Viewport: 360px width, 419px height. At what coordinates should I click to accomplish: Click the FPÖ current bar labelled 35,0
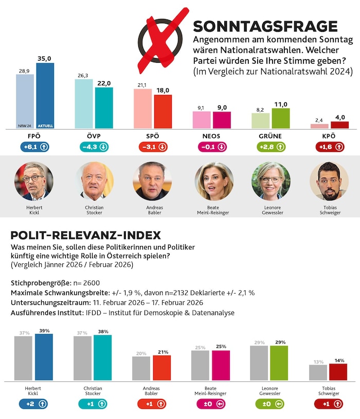pos(45,96)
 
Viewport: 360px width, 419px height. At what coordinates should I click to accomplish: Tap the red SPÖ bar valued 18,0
pos(163,112)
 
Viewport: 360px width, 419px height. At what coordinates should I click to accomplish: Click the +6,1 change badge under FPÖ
pos(34,147)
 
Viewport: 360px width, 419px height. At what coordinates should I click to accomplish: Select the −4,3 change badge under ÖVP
pos(94,147)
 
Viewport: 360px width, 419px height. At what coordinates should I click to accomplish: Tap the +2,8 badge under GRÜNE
pos(270,147)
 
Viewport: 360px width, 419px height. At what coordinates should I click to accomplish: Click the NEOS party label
pos(211,136)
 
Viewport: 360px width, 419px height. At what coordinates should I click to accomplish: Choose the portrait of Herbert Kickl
pos(34,180)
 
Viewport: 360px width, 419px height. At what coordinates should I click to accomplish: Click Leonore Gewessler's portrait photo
pos(271,180)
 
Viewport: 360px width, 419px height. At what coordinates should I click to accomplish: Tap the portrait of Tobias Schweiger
pos(329,180)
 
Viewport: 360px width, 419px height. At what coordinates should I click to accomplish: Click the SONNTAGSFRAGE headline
pos(265,27)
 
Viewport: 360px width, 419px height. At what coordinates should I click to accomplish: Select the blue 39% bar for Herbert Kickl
pos(44,357)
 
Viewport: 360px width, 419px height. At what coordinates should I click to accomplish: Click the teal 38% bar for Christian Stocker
pos(102,358)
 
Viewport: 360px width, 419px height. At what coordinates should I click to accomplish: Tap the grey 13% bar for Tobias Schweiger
pos(318,373)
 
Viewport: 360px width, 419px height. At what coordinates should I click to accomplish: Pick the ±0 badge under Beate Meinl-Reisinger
pos(211,404)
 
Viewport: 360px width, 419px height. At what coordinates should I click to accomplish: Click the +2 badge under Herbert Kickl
pos(34,404)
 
